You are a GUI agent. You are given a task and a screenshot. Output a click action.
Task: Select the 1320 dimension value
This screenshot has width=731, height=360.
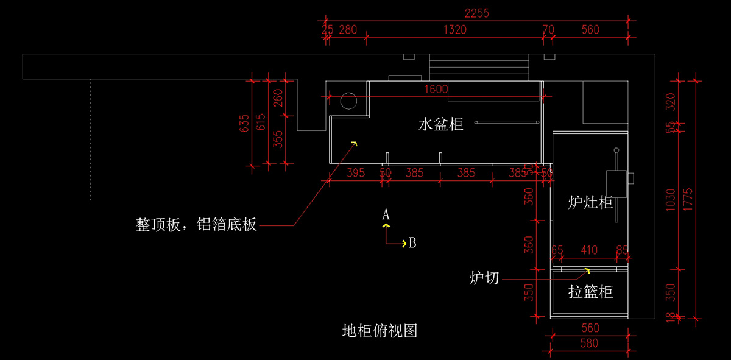coord(455,29)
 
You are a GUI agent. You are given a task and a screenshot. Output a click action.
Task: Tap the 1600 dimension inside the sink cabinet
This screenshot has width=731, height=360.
coord(436,89)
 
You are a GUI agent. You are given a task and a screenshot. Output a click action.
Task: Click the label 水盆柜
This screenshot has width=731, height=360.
coord(440,124)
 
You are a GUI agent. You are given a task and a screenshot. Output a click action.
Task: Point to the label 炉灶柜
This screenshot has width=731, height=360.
coord(590,202)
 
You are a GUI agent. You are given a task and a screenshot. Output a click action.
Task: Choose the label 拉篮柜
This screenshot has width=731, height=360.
coord(590,292)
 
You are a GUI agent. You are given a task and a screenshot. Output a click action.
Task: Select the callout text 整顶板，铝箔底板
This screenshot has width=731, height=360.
coord(196,225)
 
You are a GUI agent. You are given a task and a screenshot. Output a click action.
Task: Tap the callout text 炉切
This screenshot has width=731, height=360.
coord(484,278)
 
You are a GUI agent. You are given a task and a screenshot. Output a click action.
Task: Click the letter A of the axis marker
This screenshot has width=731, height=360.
coord(386,214)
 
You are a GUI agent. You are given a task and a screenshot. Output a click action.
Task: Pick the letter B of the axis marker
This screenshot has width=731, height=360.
coord(412,243)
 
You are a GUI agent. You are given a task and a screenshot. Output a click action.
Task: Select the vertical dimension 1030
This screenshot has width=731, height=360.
coord(671,199)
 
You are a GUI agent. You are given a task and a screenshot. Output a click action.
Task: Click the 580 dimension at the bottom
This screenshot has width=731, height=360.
coord(589,343)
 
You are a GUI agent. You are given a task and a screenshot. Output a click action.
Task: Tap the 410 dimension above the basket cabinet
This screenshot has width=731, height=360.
coord(588,250)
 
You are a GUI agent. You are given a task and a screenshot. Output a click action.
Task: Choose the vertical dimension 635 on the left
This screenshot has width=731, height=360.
coord(244,123)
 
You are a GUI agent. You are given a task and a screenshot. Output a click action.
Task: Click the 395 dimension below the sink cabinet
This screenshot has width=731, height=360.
coord(355,172)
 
